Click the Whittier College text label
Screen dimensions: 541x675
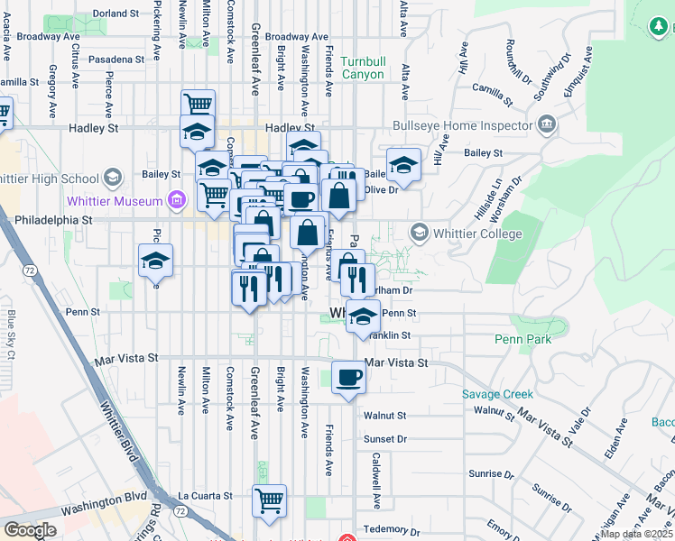478,234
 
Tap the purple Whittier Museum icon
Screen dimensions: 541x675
177,200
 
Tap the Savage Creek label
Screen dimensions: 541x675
497,394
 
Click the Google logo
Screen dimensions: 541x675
30,530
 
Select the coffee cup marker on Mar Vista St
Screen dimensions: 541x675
348,377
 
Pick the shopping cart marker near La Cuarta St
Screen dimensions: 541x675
269,500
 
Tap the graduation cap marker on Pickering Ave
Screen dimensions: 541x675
156,261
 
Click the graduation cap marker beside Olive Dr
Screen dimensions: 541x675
404,165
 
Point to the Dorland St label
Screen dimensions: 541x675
116,14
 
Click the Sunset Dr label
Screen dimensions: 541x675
385,439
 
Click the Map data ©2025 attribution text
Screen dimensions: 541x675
637,534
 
